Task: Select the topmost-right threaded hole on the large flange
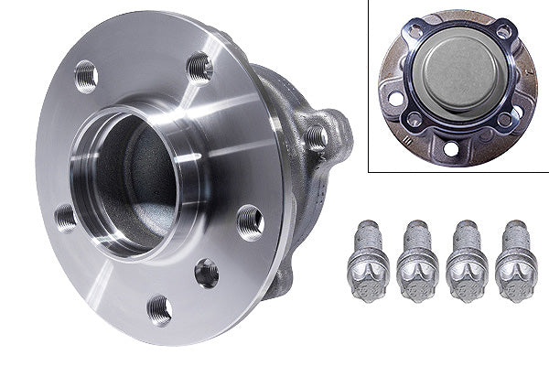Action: click(199, 66)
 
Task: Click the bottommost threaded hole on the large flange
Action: click(159, 309)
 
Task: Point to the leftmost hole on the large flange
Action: click(65, 218)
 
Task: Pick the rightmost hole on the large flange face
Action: click(250, 221)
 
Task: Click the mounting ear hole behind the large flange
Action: click(317, 136)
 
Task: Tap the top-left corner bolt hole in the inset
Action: click(416, 33)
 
